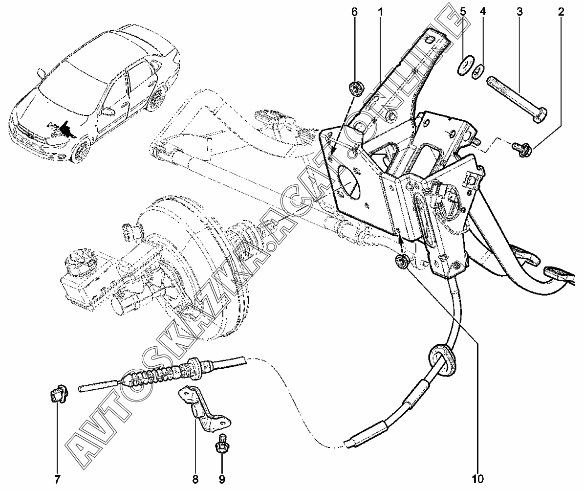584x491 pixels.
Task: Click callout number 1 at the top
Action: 380,11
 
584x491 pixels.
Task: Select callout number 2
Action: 561,11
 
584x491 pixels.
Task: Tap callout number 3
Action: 519,11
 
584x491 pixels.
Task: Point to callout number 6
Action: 355,11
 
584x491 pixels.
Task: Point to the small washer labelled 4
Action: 478,71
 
